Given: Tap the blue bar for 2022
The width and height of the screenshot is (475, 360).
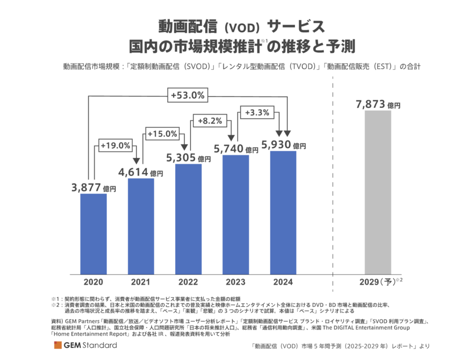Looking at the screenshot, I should pos(188,219).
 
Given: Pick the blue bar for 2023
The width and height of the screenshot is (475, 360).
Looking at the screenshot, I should pos(235,214).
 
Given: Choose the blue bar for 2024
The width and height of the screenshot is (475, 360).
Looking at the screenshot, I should pos(283,213).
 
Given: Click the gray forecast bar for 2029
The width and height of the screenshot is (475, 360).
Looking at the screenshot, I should pos(378,192).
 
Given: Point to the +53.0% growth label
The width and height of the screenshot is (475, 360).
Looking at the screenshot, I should pos(188,96).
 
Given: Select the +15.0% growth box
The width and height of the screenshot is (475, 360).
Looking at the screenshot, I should pos(163,134).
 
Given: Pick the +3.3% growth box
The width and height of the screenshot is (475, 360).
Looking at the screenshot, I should pos(257,112).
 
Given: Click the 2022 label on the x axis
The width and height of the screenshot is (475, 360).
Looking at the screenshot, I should pos(188,282).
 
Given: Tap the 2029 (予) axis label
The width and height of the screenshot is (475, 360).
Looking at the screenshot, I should pos(377,282).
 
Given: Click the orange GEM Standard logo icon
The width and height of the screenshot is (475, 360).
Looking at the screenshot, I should pos(56,345).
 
